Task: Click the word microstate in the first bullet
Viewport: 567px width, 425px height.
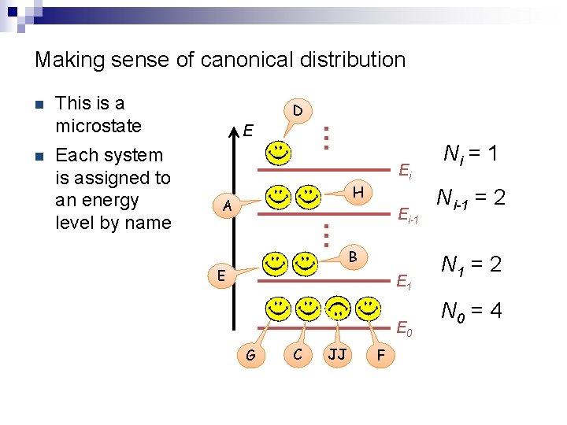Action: [x=98, y=126]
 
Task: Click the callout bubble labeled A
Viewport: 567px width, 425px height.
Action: [x=227, y=206]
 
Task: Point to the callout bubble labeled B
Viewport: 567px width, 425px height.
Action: [x=354, y=256]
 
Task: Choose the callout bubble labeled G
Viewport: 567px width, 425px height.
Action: [x=250, y=356]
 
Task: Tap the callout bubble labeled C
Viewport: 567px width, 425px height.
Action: [x=297, y=355]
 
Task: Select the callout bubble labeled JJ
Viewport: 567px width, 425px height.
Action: [x=337, y=355]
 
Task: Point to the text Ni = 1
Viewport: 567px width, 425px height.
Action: [x=470, y=153]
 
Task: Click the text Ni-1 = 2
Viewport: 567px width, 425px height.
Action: [x=471, y=197]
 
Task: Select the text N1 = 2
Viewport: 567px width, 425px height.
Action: [x=471, y=265]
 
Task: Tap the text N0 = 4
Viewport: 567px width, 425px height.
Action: [x=472, y=312]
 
